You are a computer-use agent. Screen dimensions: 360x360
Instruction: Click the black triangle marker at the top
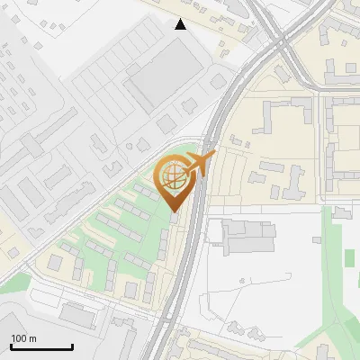[x=181, y=24]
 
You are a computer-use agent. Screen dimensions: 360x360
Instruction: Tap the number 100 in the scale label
[x=19, y=338]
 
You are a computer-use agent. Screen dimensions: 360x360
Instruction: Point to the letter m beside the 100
[x=32, y=338]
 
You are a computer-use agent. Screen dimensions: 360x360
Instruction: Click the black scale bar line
[x=41, y=346]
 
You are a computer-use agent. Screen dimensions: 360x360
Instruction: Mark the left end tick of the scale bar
[x=11, y=345]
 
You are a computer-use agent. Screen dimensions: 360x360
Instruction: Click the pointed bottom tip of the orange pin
[x=174, y=212]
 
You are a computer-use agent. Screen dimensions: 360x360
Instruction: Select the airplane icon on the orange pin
[x=198, y=164]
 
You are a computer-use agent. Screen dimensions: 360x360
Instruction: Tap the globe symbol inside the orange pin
[x=173, y=179]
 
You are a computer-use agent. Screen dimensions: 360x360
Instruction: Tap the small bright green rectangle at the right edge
[x=349, y=257]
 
